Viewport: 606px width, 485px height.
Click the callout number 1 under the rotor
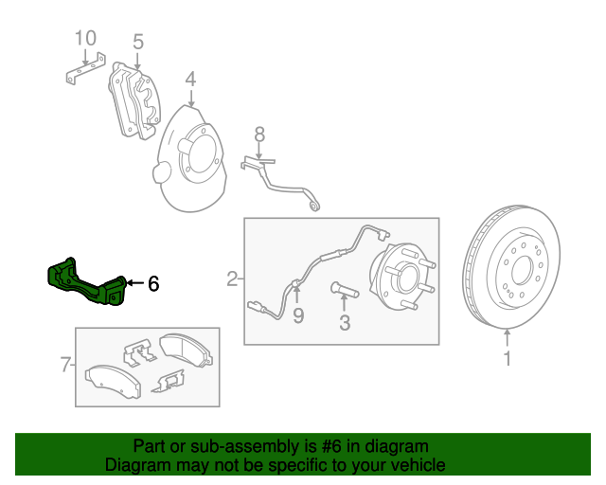coord(507,359)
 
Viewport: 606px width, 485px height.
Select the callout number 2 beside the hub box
coord(232,278)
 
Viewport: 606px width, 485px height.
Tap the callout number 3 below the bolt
coord(344,323)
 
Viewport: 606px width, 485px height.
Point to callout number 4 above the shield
coord(190,79)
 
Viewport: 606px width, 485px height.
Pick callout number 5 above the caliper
coord(137,42)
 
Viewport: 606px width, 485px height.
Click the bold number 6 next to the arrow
coord(153,282)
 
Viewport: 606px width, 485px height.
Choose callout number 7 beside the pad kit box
coord(64,365)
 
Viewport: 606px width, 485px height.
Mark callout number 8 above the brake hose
coord(258,135)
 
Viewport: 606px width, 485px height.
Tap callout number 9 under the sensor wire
coord(297,316)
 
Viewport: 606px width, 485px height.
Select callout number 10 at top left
coord(85,38)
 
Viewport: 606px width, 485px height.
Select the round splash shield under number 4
coord(194,161)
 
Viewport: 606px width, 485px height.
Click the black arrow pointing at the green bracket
coord(134,282)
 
